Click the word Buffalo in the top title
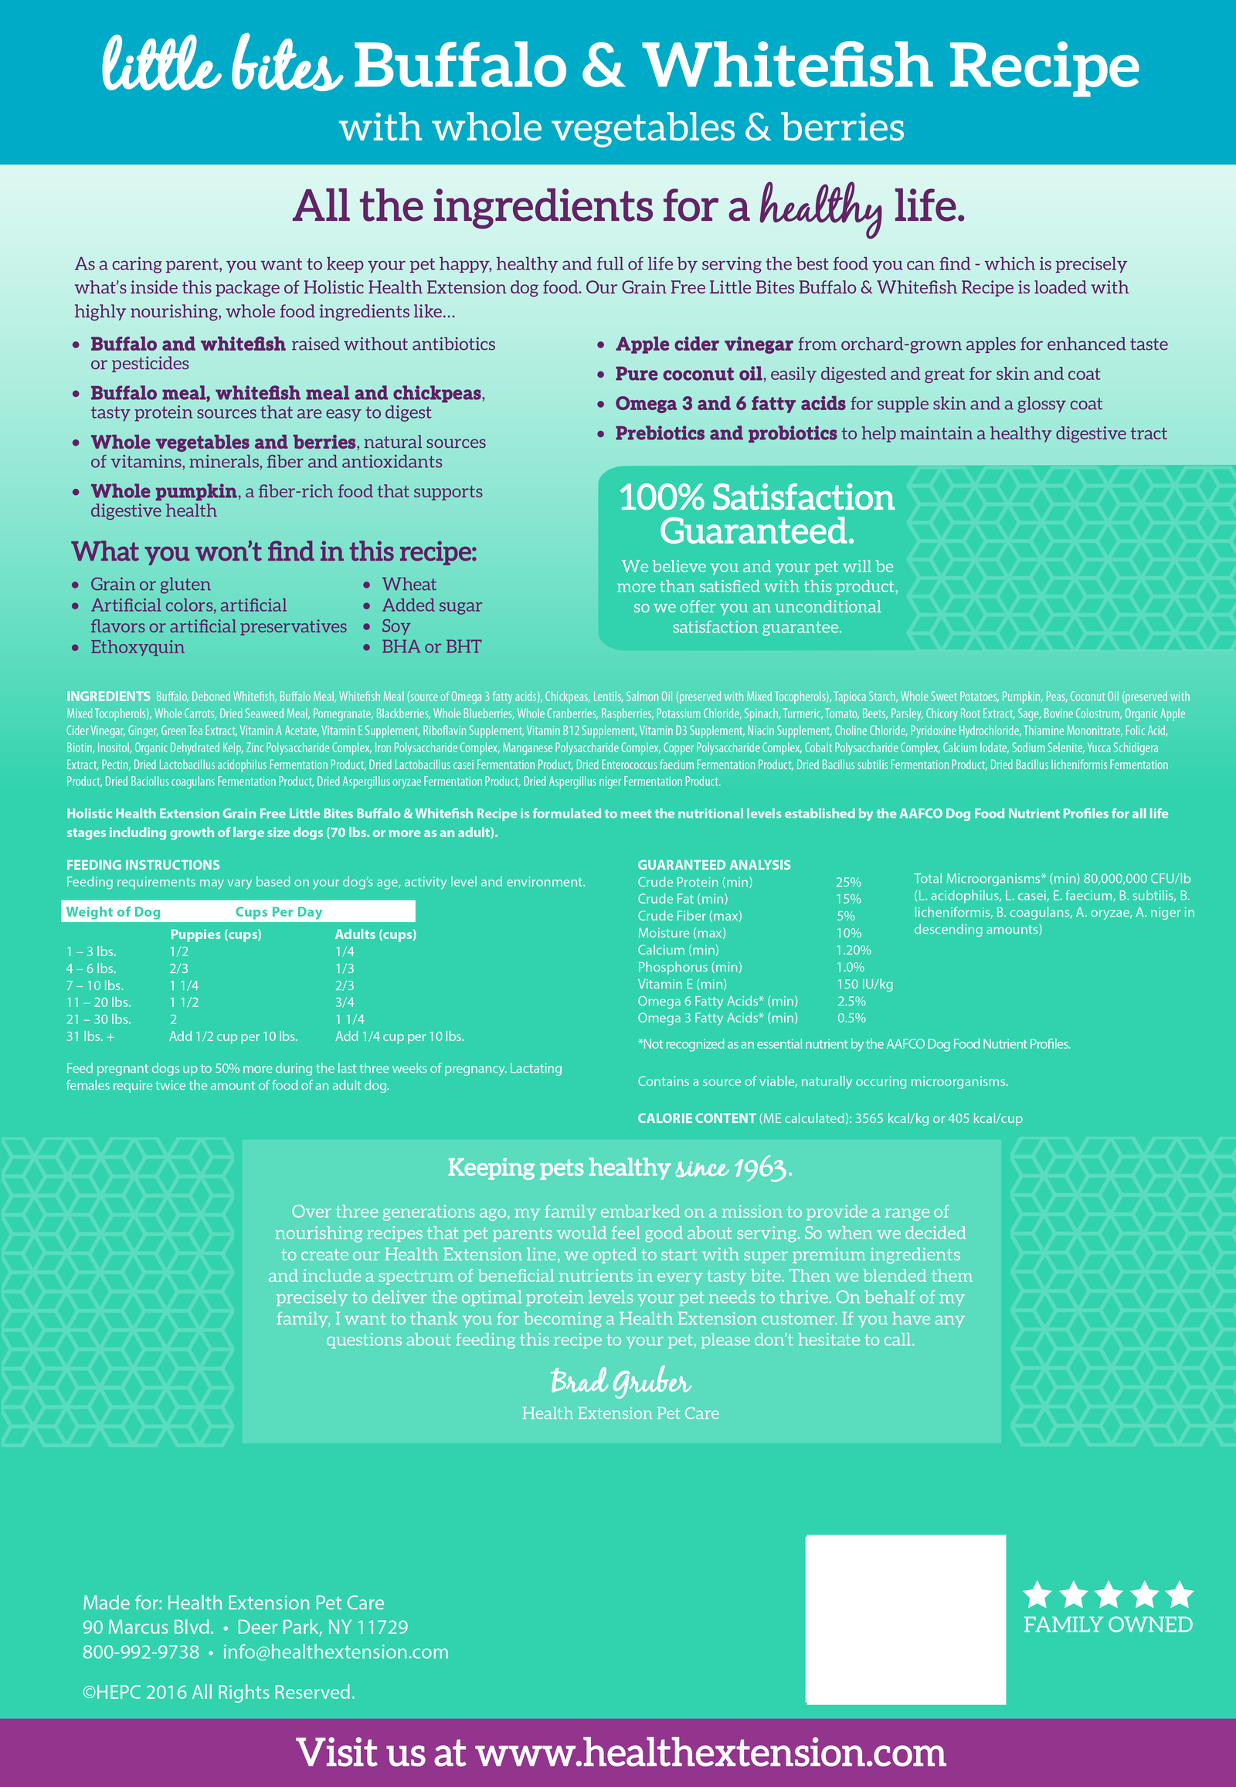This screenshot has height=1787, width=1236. click(460, 66)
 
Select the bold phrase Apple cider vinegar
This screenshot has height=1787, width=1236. click(703, 344)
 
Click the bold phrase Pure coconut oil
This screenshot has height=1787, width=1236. click(688, 374)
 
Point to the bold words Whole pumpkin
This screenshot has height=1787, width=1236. click(164, 492)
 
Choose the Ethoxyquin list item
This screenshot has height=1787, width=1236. click(137, 647)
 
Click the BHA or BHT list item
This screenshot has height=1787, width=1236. click(430, 647)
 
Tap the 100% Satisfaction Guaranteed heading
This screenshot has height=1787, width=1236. click(756, 514)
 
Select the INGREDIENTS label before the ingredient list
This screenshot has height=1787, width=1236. click(108, 697)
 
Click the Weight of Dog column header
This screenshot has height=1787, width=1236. click(113, 912)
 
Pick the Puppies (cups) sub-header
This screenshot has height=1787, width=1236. click(216, 934)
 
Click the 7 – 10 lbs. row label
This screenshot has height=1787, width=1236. click(94, 985)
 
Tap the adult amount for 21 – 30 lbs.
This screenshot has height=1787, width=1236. click(349, 1019)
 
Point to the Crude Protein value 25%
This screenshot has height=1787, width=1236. click(848, 883)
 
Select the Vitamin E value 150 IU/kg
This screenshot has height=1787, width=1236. click(864, 985)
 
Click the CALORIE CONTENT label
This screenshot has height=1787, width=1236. click(695, 1119)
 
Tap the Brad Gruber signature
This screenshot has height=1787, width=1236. click(620, 1382)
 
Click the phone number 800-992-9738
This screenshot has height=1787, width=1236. click(141, 1653)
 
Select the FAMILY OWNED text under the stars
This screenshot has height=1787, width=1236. click(1108, 1625)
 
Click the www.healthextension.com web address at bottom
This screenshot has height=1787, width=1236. click(710, 1753)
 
